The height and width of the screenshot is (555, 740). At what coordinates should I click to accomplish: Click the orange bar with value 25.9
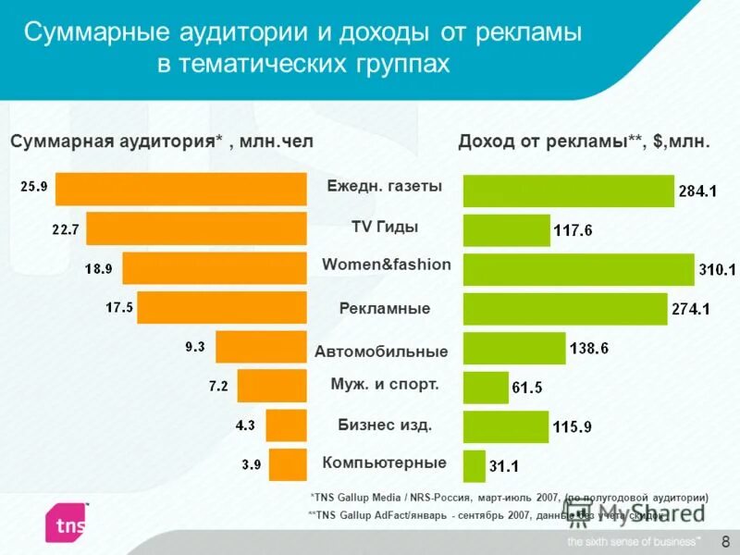180,189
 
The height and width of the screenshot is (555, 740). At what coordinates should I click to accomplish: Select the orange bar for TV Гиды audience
196,228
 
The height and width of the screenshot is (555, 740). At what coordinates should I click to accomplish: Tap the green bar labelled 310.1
578,269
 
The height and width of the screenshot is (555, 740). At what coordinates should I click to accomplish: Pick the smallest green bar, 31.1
474,465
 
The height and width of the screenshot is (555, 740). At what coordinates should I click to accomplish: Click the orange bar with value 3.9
288,465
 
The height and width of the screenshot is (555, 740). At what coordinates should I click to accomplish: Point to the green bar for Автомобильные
513,348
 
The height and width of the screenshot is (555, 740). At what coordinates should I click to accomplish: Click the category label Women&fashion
387,265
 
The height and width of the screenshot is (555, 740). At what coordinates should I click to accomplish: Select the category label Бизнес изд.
385,425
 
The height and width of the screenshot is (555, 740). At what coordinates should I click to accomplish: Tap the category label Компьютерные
384,462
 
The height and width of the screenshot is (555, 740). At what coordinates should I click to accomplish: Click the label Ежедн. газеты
384,186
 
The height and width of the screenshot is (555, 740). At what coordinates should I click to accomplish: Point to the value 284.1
697,191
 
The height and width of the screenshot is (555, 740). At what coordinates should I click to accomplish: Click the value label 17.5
118,308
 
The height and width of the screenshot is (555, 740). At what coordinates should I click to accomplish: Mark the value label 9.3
194,348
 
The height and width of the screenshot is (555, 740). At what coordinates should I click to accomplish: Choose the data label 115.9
572,427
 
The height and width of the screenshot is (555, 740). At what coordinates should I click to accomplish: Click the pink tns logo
68,524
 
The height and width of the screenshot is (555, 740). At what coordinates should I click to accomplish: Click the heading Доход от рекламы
584,142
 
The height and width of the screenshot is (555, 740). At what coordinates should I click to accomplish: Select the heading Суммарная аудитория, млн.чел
162,142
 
